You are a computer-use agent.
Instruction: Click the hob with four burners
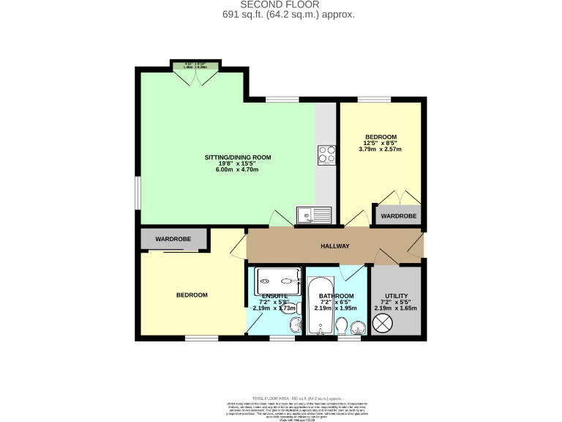(326, 155)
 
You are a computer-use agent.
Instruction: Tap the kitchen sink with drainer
(314, 215)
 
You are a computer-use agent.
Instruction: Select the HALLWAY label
(335, 246)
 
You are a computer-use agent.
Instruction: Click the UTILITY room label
(396, 296)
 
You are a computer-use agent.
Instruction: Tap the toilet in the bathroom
(342, 325)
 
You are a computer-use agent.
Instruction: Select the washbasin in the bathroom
(358, 327)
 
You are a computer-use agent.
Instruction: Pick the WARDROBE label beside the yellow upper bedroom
(399, 216)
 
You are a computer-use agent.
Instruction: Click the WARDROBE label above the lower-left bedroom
(173, 239)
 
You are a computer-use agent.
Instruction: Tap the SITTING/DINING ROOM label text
(238, 158)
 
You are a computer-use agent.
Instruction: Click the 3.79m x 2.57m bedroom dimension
(381, 149)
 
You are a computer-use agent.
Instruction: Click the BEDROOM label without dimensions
(192, 295)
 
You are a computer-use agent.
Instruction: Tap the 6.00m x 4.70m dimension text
(237, 170)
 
